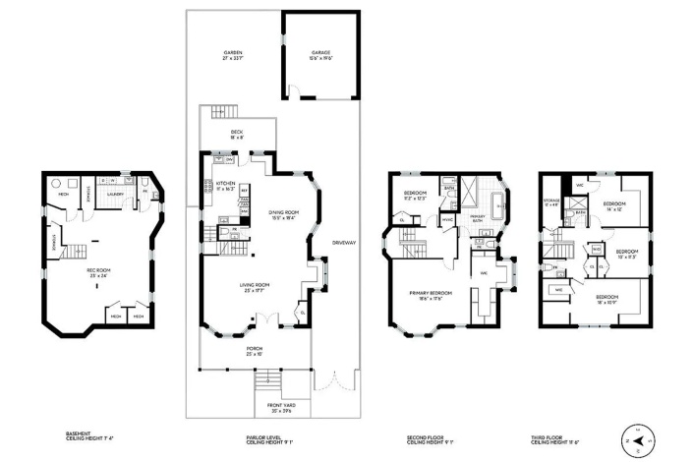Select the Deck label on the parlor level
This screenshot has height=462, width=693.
tap(237, 134)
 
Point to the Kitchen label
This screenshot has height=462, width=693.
tap(225, 184)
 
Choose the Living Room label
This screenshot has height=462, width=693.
tap(255, 286)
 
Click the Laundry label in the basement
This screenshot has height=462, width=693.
tap(116, 194)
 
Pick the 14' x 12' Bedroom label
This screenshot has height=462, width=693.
tap(616, 207)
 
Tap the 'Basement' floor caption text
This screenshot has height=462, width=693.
tap(79, 435)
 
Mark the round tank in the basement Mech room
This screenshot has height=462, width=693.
tap(55, 182)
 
